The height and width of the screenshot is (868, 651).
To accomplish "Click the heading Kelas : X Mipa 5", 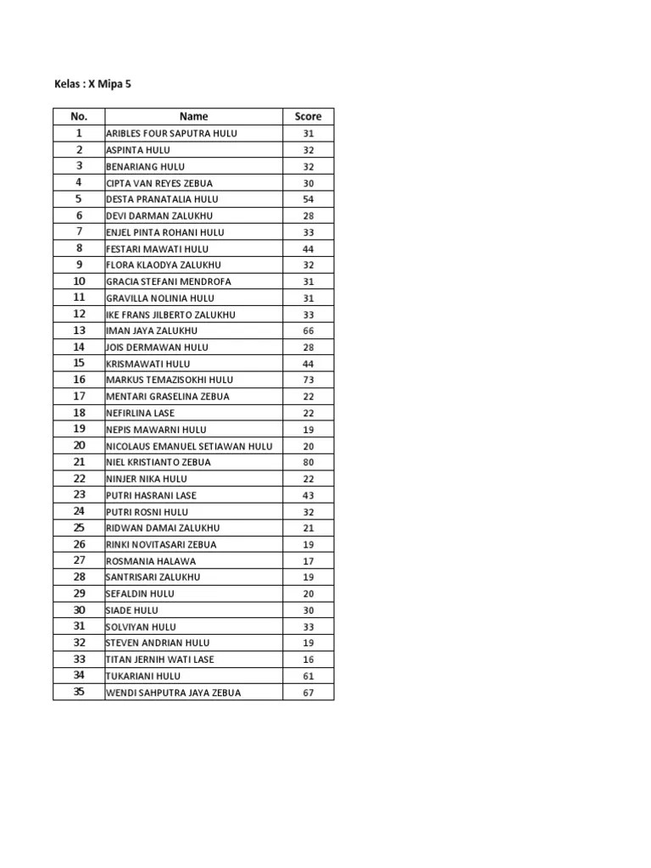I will coord(92,85).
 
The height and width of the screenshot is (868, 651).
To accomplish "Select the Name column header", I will coord(193,117).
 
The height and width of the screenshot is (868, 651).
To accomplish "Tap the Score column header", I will coord(308,117).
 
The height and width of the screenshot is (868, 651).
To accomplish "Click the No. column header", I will coord(79,117).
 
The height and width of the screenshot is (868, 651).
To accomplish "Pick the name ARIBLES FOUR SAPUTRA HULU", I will coord(171,134).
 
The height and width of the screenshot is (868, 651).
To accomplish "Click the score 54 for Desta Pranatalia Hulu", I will coord(308,199).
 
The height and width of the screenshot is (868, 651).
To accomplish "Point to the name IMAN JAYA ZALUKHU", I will coord(152,331).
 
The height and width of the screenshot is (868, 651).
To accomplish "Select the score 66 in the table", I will coord(308,331).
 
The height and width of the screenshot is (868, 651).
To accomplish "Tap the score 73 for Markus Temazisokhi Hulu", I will coord(308,380).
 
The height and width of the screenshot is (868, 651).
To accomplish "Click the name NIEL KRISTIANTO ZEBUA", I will coord(159,462).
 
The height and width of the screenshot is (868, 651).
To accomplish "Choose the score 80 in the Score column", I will coord(308,462).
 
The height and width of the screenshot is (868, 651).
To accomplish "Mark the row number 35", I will coord(79,692).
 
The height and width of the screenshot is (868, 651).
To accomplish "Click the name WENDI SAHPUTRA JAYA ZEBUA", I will coord(173,693).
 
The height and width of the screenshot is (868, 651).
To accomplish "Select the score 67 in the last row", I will coord(308,693).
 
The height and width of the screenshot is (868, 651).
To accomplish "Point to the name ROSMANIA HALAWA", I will coord(151,561).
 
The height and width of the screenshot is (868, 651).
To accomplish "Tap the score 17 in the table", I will coord(308,561).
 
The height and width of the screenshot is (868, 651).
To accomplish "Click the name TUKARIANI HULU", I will coord(143,676).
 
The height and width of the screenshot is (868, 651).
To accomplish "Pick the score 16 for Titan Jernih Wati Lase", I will coord(308,659).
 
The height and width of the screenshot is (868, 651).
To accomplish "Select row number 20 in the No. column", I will coord(79,446).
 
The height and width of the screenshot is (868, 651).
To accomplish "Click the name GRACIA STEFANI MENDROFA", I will coord(169,281).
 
